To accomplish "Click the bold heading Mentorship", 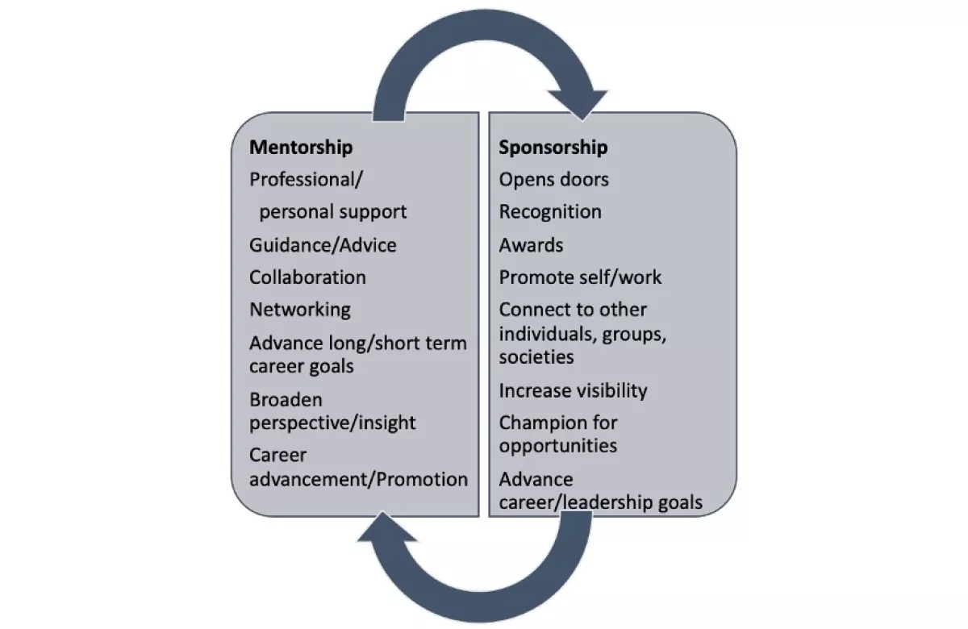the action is coord(301,148).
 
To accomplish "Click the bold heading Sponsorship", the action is coord(553,148).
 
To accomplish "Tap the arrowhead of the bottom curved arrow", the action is coord(386,527).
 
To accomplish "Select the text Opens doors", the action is coord(553,179).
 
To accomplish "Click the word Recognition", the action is coord(550,212).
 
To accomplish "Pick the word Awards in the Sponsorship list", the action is coord(531,245).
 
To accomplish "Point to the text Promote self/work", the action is coord(580,277).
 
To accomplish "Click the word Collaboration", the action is coord(307,277).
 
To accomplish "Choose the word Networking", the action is coord(300,310).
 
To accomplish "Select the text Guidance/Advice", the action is coord(323,245).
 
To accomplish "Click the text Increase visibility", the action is coord(573,390).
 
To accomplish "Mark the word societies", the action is coord(536,356).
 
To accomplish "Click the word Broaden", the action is coord(286,400).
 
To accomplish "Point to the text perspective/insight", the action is coord(332,423).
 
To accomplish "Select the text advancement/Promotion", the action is coord(359,479).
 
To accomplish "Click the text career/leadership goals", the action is coord(601,502).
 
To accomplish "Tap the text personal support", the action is coord(332,212).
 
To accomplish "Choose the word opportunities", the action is coord(558,446).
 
